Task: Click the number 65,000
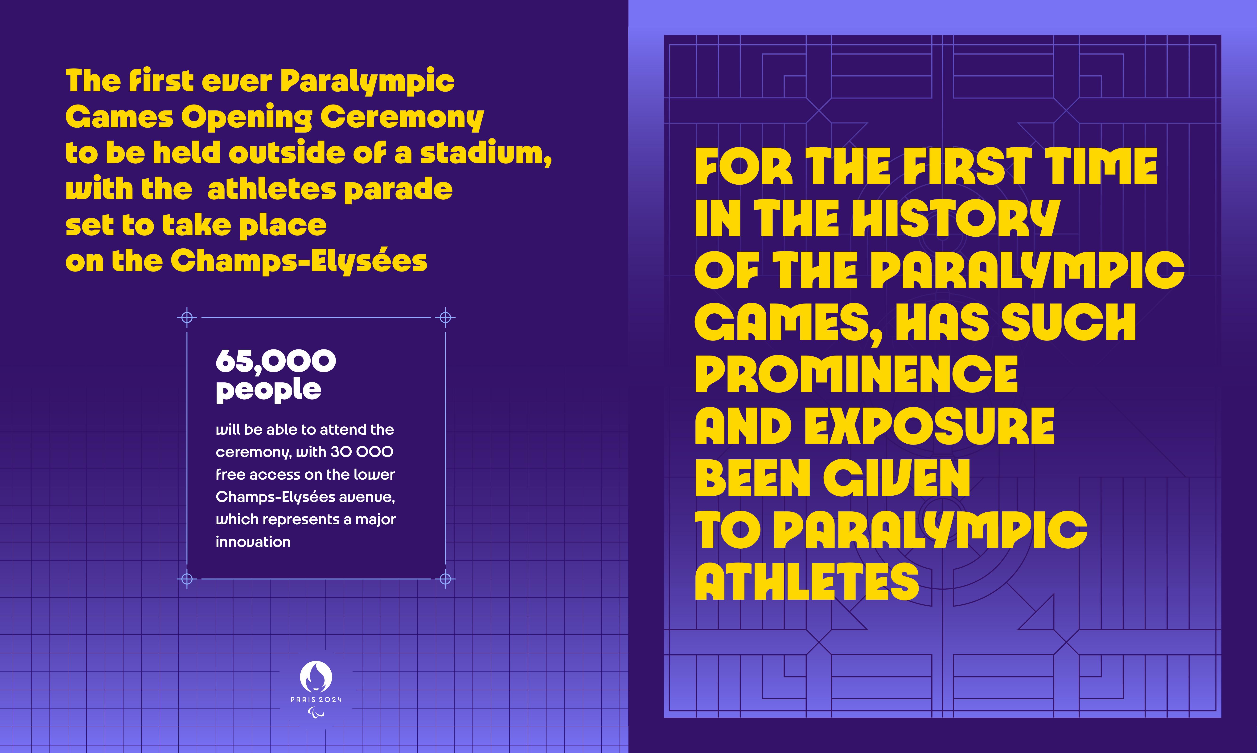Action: tap(276, 361)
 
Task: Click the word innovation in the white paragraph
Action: tap(253, 542)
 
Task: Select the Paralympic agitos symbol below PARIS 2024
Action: tap(316, 713)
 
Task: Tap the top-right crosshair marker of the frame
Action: tap(445, 318)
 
